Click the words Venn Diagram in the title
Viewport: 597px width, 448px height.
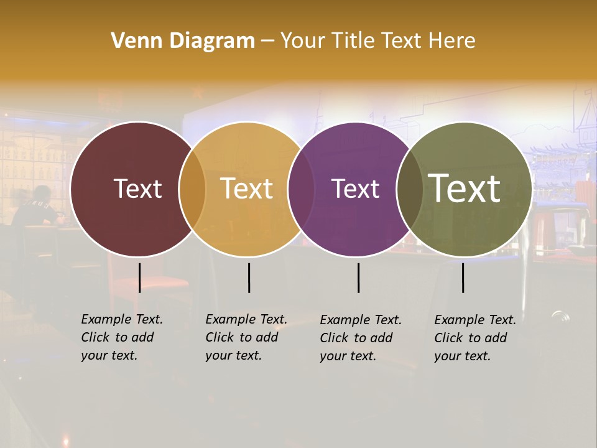coord(183,41)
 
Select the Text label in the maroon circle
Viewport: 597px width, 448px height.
coord(137,189)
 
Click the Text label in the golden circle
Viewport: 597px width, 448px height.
coord(247,189)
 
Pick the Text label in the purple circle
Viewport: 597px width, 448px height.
coord(356,189)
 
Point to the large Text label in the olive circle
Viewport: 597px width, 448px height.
coord(465,189)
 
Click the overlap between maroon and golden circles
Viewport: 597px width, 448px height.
coord(192,189)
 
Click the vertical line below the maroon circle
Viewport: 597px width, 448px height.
coord(140,278)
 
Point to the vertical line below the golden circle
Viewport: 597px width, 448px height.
coord(249,278)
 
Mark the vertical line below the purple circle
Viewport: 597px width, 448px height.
coord(358,278)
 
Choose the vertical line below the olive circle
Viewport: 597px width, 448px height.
coord(463,278)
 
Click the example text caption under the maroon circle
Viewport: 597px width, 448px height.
coord(122,337)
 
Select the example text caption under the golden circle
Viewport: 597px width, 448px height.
coord(246,337)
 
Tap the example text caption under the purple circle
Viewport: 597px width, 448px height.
coord(361,338)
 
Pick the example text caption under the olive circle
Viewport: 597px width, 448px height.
coord(475,338)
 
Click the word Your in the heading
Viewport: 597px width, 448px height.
coord(303,41)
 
